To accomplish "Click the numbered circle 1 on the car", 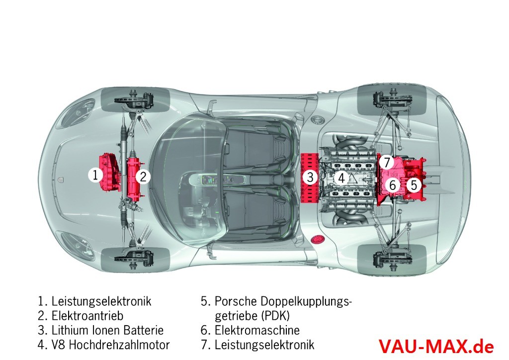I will (95, 175).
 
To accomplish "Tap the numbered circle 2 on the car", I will (143, 177).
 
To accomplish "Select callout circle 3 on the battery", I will (310, 177).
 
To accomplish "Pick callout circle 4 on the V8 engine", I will (341, 178).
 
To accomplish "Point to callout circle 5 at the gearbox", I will (414, 185).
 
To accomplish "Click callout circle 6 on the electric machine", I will (393, 185).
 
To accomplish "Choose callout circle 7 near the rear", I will (388, 162).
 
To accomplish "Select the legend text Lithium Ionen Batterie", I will (107, 330).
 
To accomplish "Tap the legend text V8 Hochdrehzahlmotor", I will (110, 345).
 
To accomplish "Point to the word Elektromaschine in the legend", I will (257, 330).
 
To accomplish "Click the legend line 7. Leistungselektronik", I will (257, 345).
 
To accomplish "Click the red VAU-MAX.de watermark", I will (436, 346).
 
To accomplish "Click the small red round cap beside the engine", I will (316, 241).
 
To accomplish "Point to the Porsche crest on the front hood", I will (62, 180).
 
